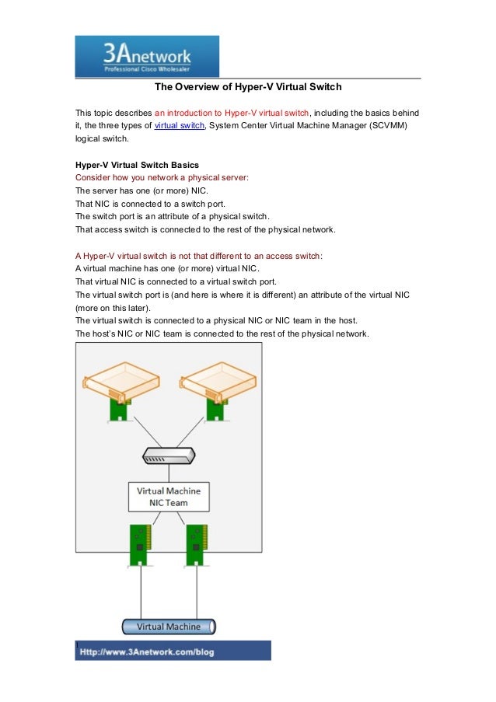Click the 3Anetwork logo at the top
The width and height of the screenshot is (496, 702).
[x=146, y=56]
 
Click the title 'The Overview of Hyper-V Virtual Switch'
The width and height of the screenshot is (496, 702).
[x=247, y=86]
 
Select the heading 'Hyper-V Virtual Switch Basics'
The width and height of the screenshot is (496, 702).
[x=137, y=165]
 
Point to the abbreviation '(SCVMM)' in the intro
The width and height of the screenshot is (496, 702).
[x=386, y=125]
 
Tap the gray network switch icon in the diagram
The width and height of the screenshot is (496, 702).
[x=169, y=456]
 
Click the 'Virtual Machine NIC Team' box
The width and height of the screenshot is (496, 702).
[x=169, y=497]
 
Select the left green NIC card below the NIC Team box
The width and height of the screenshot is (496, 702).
[x=140, y=543]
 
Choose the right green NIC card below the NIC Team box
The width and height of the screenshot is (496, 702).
[x=196, y=543]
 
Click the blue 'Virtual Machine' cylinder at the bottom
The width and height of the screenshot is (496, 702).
[x=169, y=627]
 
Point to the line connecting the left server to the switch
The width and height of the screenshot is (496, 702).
[x=140, y=432]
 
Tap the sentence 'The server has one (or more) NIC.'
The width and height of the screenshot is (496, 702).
[x=141, y=190]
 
